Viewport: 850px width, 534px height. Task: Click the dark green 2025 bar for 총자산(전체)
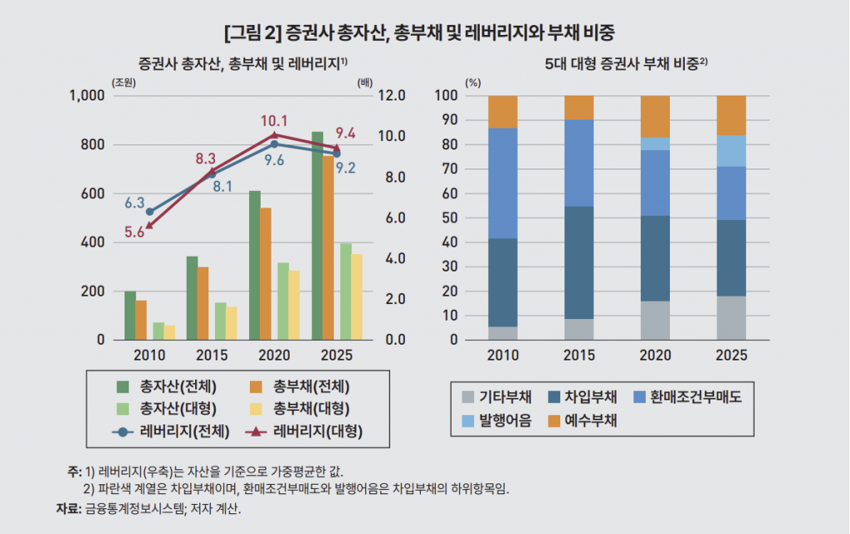pyautogui.click(x=317, y=236)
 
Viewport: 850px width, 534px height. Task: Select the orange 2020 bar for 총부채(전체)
pyautogui.click(x=266, y=274)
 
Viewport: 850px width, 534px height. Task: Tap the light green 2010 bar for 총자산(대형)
pyautogui.click(x=159, y=331)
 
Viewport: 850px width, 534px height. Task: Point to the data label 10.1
pyautogui.click(x=274, y=120)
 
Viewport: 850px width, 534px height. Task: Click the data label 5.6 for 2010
pyautogui.click(x=134, y=233)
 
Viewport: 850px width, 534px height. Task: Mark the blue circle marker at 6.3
pyautogui.click(x=149, y=212)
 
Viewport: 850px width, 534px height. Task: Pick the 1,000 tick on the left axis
pyautogui.click(x=87, y=96)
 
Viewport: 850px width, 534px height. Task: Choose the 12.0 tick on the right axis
pyautogui.click(x=390, y=96)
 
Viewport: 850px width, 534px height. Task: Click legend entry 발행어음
pyautogui.click(x=503, y=420)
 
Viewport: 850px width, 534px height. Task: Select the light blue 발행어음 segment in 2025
pyautogui.click(x=731, y=151)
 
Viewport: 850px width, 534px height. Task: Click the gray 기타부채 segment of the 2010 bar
pyautogui.click(x=503, y=333)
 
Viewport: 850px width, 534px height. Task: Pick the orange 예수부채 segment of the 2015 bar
pyautogui.click(x=579, y=107)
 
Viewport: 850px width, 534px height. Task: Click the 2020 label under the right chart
pyautogui.click(x=655, y=355)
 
